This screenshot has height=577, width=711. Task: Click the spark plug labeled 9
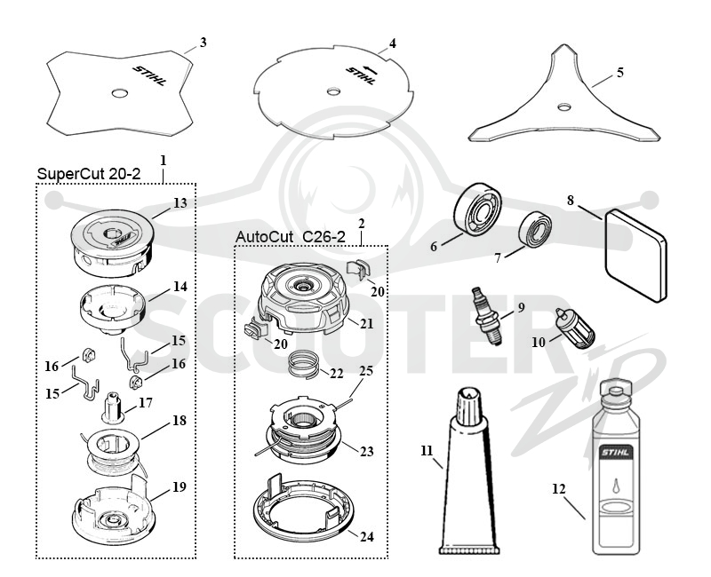(x=487, y=316)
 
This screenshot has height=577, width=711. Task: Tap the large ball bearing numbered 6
(x=478, y=209)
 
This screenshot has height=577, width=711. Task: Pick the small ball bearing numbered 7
(x=535, y=230)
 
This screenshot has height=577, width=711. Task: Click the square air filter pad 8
(x=635, y=255)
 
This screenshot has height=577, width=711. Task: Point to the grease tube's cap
(x=468, y=405)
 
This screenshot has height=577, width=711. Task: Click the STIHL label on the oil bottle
(x=616, y=452)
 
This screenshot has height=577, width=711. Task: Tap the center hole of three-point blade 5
(x=564, y=107)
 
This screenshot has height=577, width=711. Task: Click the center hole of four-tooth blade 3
(x=120, y=93)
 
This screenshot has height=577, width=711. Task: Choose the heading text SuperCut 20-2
(x=89, y=174)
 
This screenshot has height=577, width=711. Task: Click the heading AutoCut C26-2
(x=291, y=236)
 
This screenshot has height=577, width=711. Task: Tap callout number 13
(x=180, y=203)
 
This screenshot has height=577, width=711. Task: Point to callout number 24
(x=367, y=537)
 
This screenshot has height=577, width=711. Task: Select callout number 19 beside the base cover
(x=180, y=486)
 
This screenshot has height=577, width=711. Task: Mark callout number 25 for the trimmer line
(x=366, y=371)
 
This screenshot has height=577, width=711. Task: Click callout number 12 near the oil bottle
(x=559, y=489)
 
